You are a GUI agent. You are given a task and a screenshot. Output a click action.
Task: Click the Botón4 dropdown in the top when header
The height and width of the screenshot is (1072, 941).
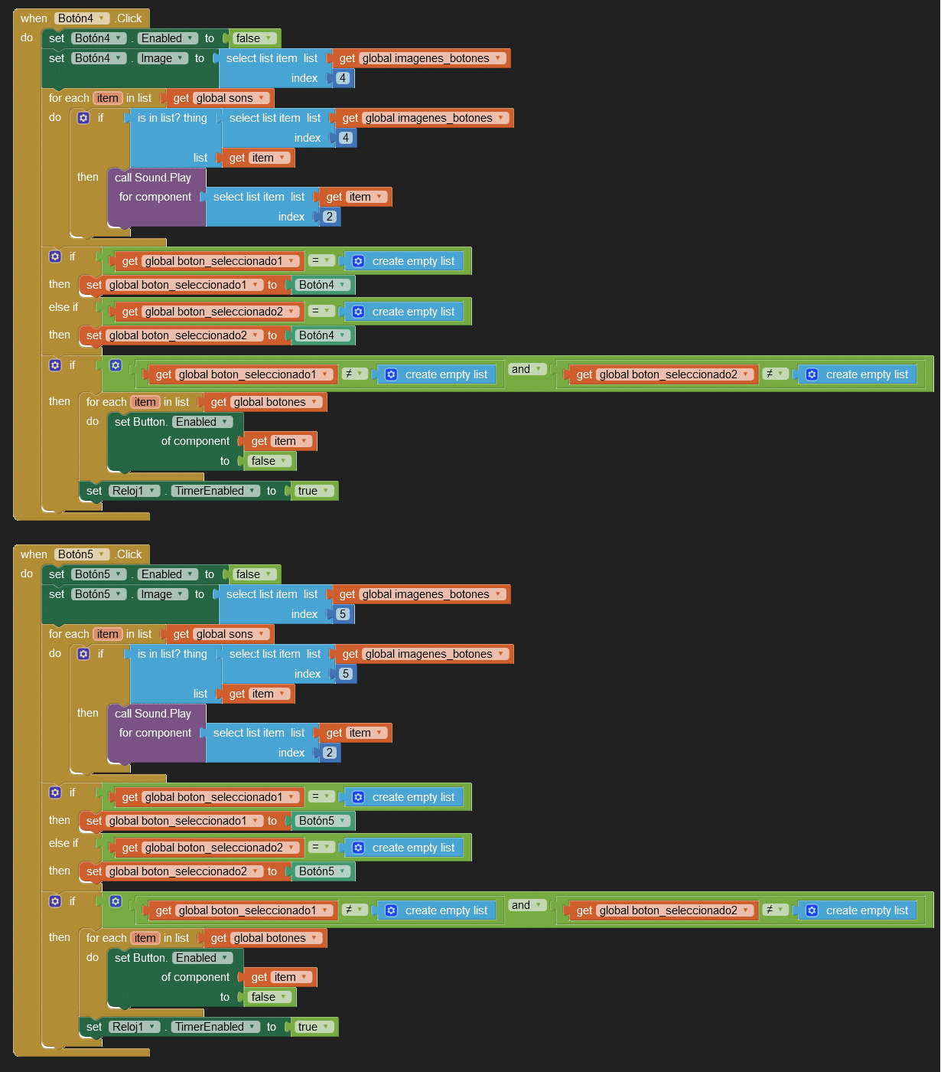click(x=81, y=18)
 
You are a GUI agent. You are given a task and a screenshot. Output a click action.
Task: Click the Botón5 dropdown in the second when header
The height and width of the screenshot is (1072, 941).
click(x=81, y=554)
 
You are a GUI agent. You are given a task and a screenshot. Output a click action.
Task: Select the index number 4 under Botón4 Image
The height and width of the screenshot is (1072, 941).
click(x=343, y=78)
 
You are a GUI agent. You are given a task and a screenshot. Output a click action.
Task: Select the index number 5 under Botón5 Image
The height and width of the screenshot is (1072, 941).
click(x=343, y=614)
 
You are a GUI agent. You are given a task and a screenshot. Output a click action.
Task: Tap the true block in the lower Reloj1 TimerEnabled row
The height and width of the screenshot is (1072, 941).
click(x=314, y=1027)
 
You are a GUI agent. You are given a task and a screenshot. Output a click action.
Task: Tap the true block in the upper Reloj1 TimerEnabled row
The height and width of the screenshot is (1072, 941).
click(x=314, y=491)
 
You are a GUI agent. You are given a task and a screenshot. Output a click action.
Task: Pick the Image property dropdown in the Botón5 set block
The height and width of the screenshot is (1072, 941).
click(x=162, y=594)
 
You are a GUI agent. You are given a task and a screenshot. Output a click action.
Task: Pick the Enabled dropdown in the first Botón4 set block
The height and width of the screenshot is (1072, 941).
click(x=168, y=38)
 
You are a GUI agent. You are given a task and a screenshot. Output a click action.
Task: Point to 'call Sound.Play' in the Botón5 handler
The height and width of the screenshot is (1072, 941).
click(x=153, y=714)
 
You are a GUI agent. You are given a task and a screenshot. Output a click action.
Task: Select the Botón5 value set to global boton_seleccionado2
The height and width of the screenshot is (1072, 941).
click(x=322, y=871)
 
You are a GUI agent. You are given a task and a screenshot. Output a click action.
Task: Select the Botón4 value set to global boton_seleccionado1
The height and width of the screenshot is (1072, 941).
click(x=322, y=285)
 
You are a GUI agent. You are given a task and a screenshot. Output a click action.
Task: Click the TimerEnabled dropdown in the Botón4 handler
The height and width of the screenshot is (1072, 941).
click(x=215, y=491)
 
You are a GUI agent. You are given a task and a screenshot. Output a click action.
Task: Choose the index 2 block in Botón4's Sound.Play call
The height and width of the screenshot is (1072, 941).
click(x=330, y=217)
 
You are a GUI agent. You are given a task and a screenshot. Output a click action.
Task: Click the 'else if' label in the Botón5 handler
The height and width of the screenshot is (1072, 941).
click(x=63, y=843)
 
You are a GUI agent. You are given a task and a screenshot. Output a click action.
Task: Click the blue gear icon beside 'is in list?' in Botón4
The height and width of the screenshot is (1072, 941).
click(x=83, y=118)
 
